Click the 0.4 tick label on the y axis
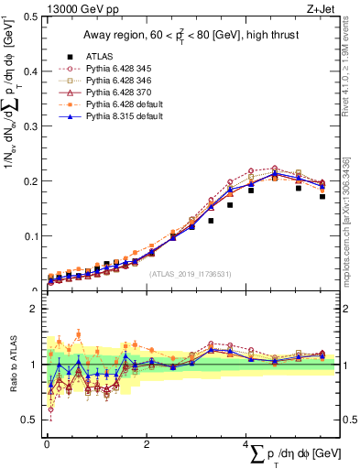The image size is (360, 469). point(33,71)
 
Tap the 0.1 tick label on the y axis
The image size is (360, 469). point(33,235)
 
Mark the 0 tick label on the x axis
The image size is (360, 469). point(48,445)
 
